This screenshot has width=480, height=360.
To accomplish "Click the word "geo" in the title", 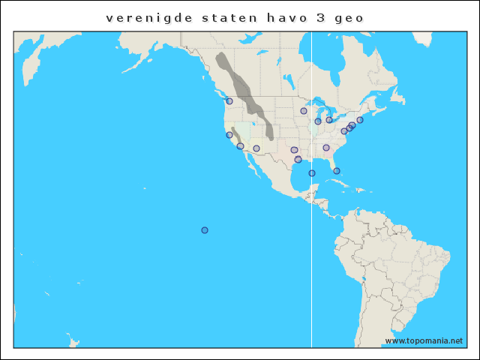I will coord(353,17).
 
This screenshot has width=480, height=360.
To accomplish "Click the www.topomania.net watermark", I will coord(424,340).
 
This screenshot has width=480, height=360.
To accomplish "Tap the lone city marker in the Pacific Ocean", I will coord(205,230).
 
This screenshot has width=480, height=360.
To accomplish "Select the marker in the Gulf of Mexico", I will coord(312,173).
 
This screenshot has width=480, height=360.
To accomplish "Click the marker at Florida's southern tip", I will coord(337,171).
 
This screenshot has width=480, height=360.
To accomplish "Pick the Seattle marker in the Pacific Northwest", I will coord(229,101).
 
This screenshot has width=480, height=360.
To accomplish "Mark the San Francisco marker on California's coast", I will coord(229,135).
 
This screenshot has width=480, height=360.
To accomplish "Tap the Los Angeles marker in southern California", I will coord(240,146).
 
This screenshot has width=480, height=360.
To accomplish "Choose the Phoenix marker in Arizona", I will coord(256,148).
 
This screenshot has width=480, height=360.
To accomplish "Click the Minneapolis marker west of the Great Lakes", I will coord(304,111).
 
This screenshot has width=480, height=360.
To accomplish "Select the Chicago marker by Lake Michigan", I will coord(318,121).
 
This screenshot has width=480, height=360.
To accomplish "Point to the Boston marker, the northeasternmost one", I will coord(360,120).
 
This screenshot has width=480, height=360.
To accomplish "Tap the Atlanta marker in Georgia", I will coord(326,148).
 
